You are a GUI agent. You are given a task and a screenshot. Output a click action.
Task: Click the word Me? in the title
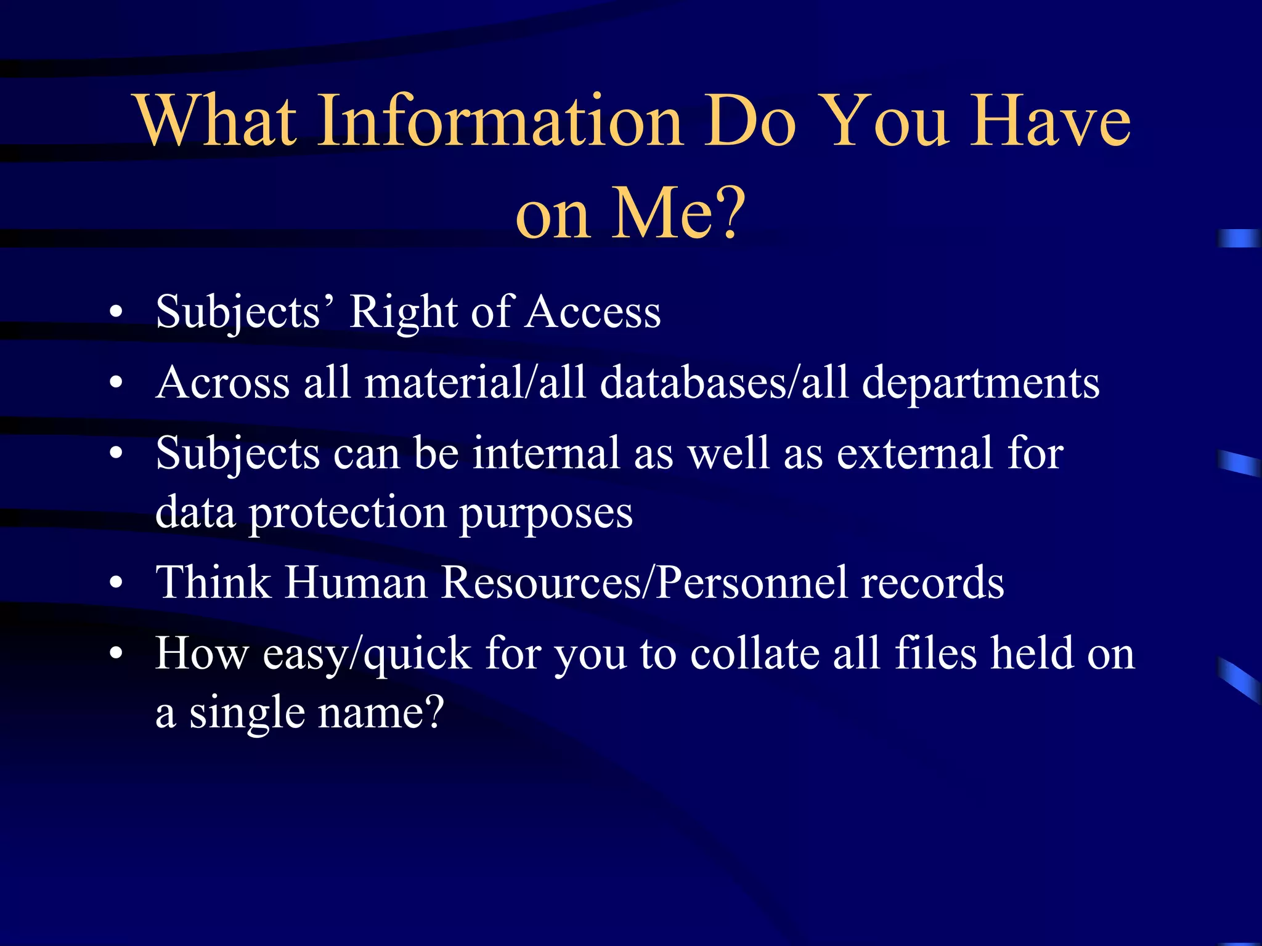click(678, 213)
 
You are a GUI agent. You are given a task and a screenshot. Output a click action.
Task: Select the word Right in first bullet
click(404, 313)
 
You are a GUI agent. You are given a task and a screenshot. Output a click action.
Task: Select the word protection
click(348, 512)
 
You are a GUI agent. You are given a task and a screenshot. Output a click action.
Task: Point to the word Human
click(356, 583)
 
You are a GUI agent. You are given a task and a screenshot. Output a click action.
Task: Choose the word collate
click(754, 653)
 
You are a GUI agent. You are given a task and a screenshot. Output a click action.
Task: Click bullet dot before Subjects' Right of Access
click(116, 313)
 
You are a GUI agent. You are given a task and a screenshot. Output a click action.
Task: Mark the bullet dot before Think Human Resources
click(116, 583)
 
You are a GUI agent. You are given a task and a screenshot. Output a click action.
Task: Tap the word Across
click(222, 383)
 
